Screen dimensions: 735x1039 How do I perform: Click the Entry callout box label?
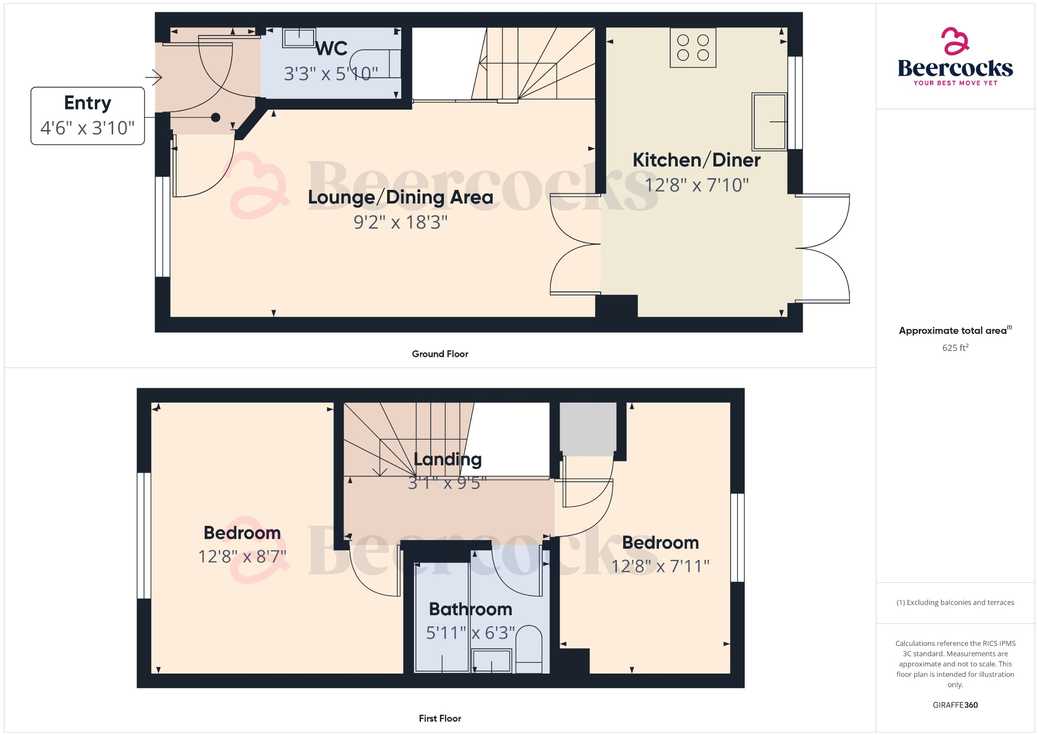[87, 103]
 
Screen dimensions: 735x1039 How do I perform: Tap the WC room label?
[332, 49]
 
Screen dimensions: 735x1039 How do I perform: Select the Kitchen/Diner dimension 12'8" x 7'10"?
[697, 185]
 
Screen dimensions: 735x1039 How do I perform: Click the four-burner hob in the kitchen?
[693, 48]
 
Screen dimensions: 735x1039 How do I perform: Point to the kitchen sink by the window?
[769, 122]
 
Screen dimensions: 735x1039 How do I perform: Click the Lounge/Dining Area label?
[400, 197]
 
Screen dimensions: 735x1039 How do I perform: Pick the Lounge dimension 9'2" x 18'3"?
[400, 222]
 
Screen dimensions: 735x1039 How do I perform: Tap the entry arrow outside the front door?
[154, 78]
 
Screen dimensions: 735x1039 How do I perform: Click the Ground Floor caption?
[440, 354]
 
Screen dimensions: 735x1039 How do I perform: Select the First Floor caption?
[440, 718]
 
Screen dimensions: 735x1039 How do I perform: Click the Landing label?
[447, 459]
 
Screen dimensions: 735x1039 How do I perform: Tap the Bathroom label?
[470, 609]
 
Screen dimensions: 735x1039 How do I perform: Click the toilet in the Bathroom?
[529, 649]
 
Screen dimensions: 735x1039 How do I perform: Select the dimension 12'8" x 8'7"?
[242, 557]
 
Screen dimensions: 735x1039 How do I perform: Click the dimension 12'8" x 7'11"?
[660, 566]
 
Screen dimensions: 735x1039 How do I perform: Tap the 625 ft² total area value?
[955, 348]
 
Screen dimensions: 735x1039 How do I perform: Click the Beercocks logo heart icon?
[955, 41]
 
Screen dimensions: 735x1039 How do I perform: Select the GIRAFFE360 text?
[955, 705]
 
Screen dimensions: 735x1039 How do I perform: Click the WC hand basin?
[299, 38]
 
